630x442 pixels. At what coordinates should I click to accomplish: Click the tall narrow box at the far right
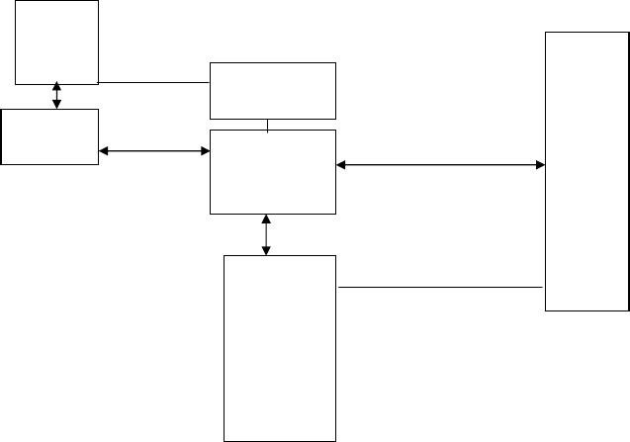pyautogui.click(x=586, y=171)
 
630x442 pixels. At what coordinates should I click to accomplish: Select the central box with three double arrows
pyautogui.click(x=273, y=171)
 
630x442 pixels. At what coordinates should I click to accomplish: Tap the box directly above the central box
pyautogui.click(x=273, y=91)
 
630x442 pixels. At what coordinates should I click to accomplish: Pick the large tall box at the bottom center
pyautogui.click(x=281, y=347)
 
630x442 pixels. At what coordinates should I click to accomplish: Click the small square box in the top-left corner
pyautogui.click(x=57, y=42)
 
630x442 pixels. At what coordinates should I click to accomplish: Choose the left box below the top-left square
pyautogui.click(x=49, y=136)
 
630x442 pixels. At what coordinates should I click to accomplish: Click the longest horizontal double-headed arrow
pyautogui.click(x=441, y=165)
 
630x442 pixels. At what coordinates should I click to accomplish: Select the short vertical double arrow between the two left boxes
pyautogui.click(x=56, y=96)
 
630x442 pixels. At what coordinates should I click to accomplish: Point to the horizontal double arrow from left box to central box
pyautogui.click(x=155, y=151)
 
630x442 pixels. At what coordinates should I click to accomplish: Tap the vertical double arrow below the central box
pyautogui.click(x=266, y=234)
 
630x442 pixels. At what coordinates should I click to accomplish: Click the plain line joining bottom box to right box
pyautogui.click(x=441, y=288)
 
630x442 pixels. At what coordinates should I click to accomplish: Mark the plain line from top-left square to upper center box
pyautogui.click(x=154, y=82)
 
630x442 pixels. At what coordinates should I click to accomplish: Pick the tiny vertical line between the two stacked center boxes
pyautogui.click(x=268, y=125)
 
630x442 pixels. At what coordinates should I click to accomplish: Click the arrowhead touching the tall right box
pyautogui.click(x=539, y=165)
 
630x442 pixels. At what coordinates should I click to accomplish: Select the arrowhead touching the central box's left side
pyautogui.click(x=205, y=151)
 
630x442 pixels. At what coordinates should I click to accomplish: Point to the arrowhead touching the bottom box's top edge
pyautogui.click(x=266, y=249)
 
